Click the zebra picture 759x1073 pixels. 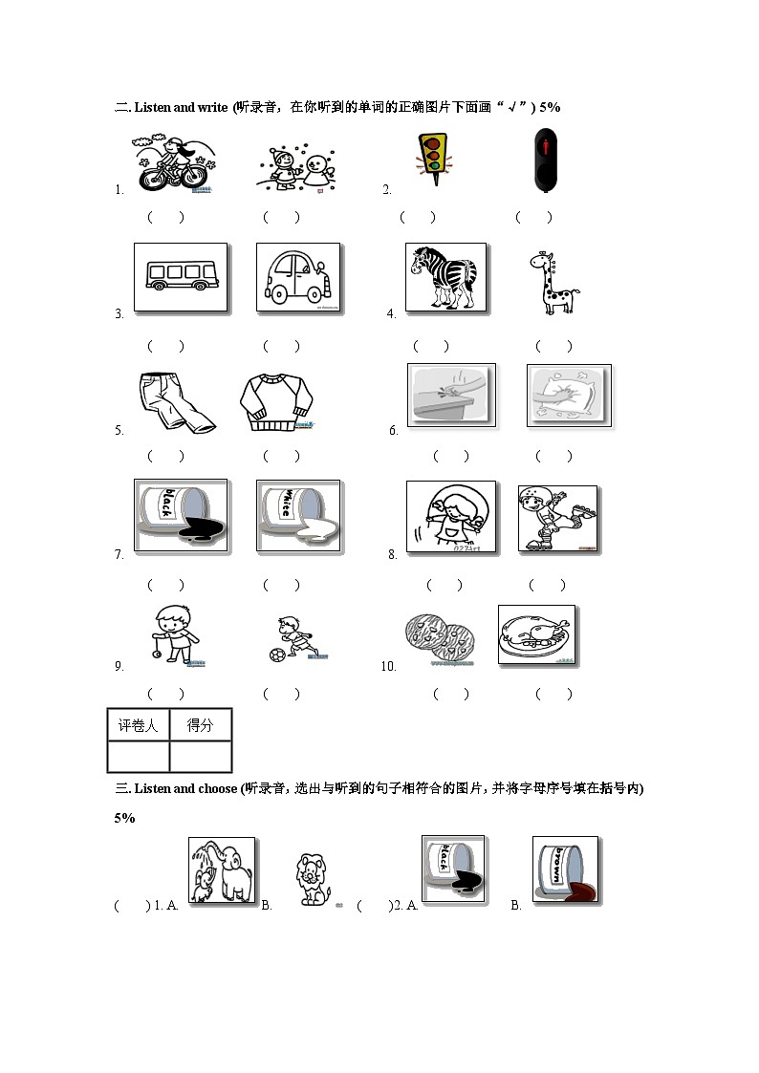coord(445,277)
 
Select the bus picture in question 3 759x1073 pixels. coord(181,277)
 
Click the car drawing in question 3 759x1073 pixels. coord(298,277)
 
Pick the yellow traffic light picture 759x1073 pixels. coord(433,159)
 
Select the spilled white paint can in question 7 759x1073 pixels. coord(298,516)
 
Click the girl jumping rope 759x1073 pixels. coord(451,516)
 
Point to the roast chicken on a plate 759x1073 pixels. coord(536,634)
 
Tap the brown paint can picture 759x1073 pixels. coord(565,869)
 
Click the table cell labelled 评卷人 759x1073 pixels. coord(138,725)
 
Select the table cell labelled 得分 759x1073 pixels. coord(200,725)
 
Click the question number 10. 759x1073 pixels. coord(387,667)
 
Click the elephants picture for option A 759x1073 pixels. coord(222,870)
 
